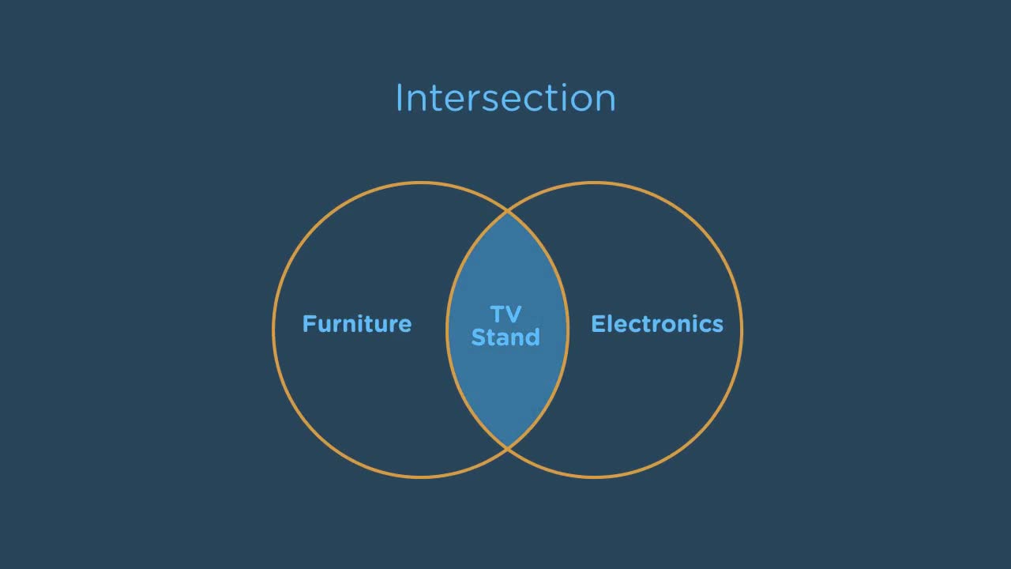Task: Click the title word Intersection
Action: (x=505, y=97)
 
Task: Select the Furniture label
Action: (x=357, y=324)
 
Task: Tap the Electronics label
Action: (x=657, y=324)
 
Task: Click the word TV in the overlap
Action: (x=505, y=315)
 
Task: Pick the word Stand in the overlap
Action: (x=505, y=337)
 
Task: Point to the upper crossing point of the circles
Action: (x=507, y=211)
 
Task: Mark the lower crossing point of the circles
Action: (x=507, y=448)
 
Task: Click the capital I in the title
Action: (x=399, y=97)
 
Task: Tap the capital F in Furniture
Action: (x=310, y=324)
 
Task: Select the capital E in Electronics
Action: (x=599, y=324)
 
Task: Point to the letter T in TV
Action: (x=498, y=315)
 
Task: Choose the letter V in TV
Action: (x=513, y=315)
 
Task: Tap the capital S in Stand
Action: (x=478, y=337)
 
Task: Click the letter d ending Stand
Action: (x=532, y=337)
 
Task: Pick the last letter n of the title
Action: (x=605, y=102)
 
